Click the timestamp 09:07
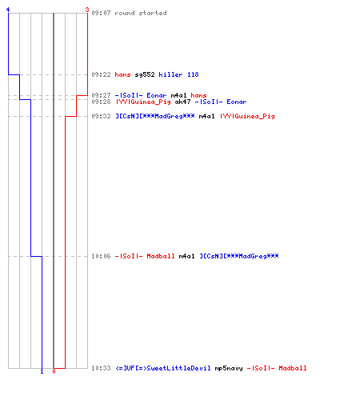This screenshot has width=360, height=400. pyautogui.click(x=101, y=13)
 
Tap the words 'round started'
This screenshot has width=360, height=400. pyautogui.click(x=141, y=13)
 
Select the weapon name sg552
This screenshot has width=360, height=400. pyautogui.click(x=145, y=74)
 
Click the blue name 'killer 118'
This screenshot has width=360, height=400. pyautogui.click(x=178, y=74)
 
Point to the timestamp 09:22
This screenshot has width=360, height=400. pyautogui.click(x=101, y=74)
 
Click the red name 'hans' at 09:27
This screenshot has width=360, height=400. pyautogui.click(x=198, y=95)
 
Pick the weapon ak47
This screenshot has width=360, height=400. pyautogui.click(x=182, y=102)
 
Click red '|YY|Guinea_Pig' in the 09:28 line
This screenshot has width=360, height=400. pyautogui.click(x=143, y=102)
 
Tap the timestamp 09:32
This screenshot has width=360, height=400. pyautogui.click(x=101, y=116)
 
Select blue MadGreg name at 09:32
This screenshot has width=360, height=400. pyautogui.click(x=155, y=116)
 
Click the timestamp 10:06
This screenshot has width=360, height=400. pyautogui.click(x=101, y=256)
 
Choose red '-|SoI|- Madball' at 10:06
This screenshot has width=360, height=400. pyautogui.click(x=145, y=256)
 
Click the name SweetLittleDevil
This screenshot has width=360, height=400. pyautogui.click(x=163, y=368)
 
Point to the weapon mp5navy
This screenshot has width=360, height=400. pyautogui.click(x=229, y=368)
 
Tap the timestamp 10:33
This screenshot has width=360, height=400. pyautogui.click(x=101, y=368)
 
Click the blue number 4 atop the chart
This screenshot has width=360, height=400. pyautogui.click(x=8, y=10)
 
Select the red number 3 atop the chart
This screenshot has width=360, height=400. pyautogui.click(x=87, y=10)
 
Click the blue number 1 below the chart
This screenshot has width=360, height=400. pyautogui.click(x=42, y=371)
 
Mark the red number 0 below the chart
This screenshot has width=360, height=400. pyautogui.click(x=54, y=371)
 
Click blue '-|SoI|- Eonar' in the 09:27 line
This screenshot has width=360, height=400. pyautogui.click(x=141, y=95)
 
